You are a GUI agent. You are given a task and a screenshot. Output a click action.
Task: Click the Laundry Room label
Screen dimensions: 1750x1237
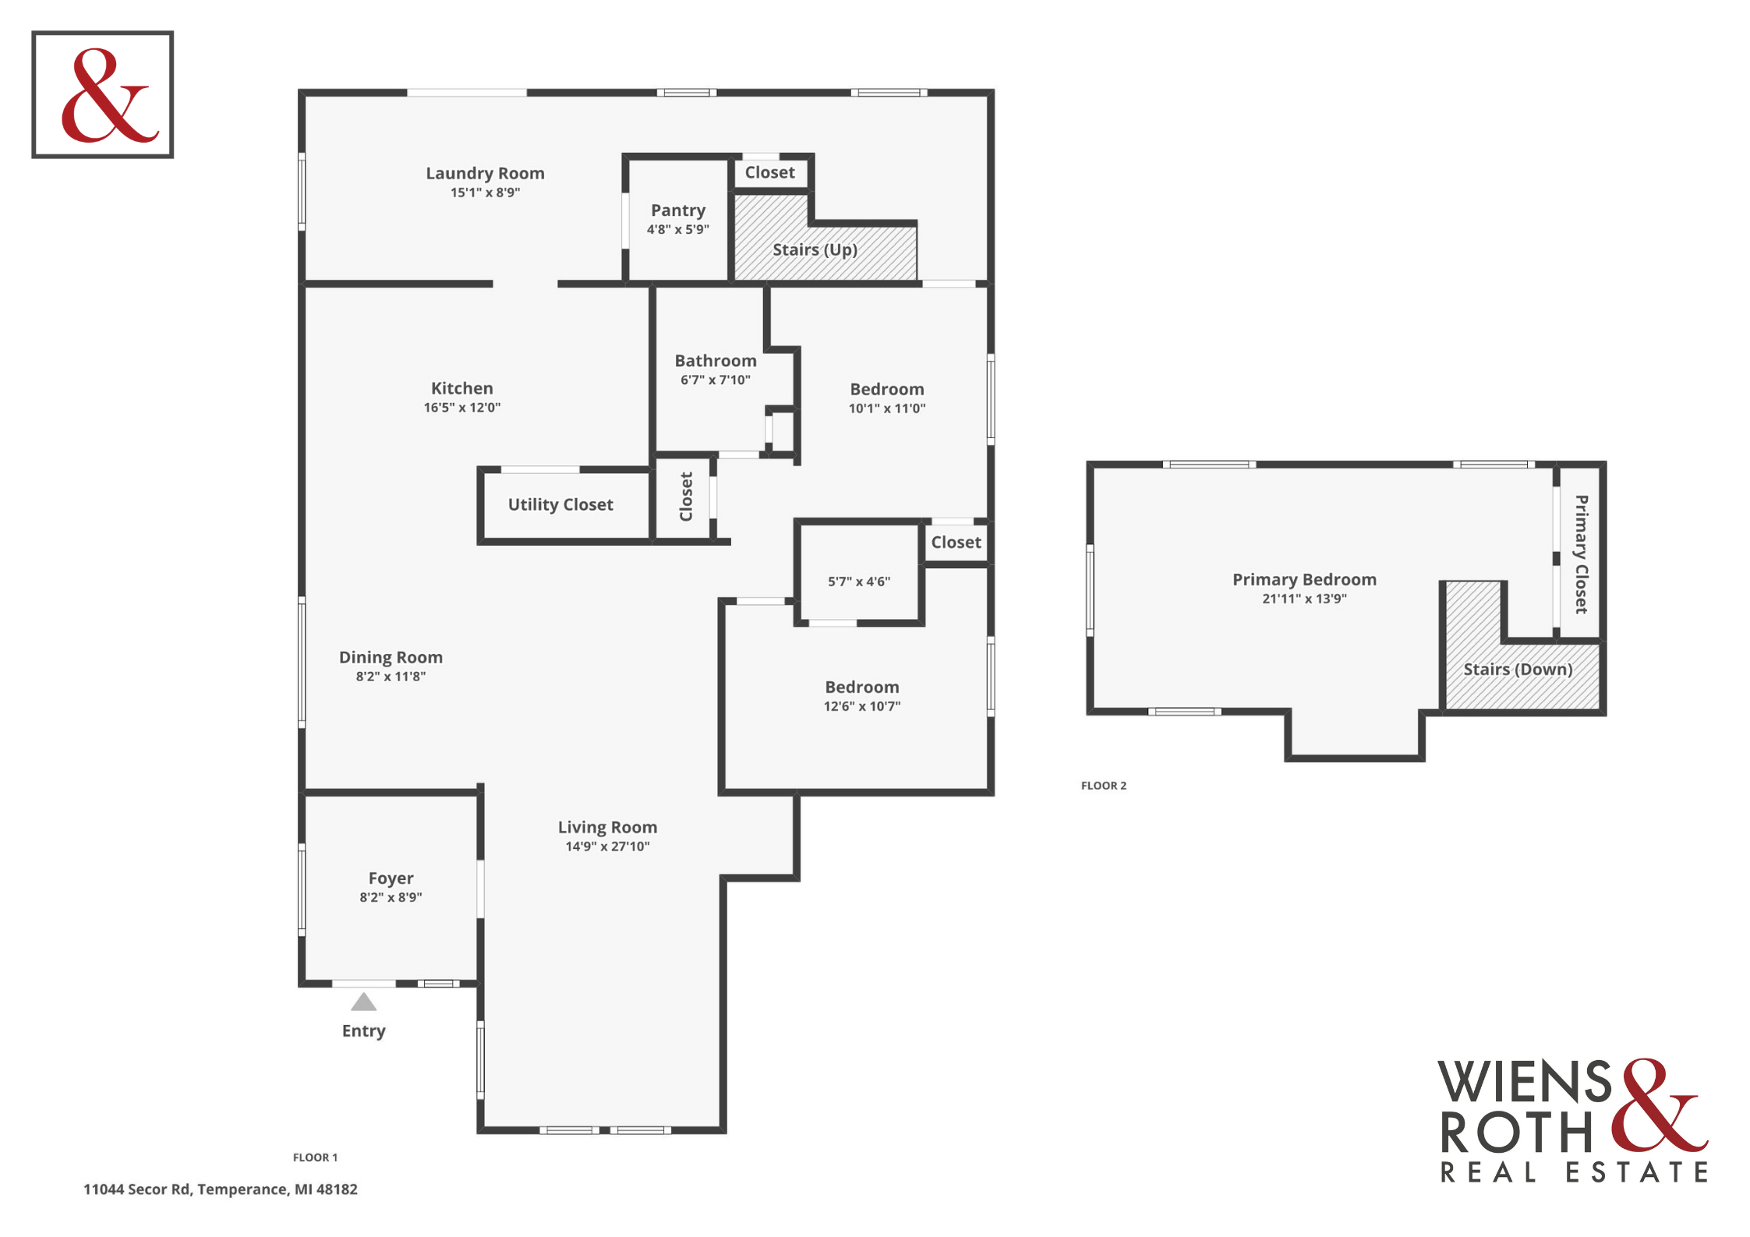tap(485, 173)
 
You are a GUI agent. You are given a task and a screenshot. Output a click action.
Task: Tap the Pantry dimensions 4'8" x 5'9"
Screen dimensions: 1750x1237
tap(678, 229)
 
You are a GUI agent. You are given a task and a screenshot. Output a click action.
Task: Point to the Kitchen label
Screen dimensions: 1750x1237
tap(462, 388)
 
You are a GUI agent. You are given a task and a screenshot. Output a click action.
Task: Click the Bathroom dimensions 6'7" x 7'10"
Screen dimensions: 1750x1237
tap(716, 380)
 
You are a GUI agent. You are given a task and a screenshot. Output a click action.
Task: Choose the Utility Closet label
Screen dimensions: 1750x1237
tap(560, 505)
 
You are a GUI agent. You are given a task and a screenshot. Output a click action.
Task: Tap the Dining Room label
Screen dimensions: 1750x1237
tap(391, 657)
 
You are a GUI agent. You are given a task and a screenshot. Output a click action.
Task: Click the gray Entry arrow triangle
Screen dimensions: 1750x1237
tap(363, 1002)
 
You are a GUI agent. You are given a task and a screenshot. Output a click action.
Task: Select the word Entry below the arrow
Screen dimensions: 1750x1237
tap(364, 1031)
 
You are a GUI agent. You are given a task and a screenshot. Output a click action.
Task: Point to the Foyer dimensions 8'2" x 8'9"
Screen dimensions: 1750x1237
tap(391, 897)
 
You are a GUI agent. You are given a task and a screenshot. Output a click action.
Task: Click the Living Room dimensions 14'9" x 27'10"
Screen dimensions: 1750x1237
tap(607, 846)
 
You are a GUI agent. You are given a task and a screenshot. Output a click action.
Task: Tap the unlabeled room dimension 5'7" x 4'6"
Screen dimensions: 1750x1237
tap(859, 581)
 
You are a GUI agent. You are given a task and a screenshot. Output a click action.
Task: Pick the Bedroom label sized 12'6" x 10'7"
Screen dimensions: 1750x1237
tap(862, 687)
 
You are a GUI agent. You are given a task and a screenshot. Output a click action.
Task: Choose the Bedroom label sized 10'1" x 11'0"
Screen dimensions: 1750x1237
tap(887, 389)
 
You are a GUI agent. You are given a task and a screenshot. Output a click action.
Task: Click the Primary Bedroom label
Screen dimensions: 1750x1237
tap(1304, 580)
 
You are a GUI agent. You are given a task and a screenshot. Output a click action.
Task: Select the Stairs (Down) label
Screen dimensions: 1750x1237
tap(1518, 670)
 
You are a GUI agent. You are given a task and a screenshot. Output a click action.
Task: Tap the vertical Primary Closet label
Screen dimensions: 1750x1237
tap(1582, 554)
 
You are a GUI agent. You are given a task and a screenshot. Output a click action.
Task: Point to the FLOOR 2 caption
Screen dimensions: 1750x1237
tap(1104, 786)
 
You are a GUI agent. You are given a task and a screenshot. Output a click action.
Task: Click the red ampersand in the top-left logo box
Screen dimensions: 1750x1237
tap(109, 96)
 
